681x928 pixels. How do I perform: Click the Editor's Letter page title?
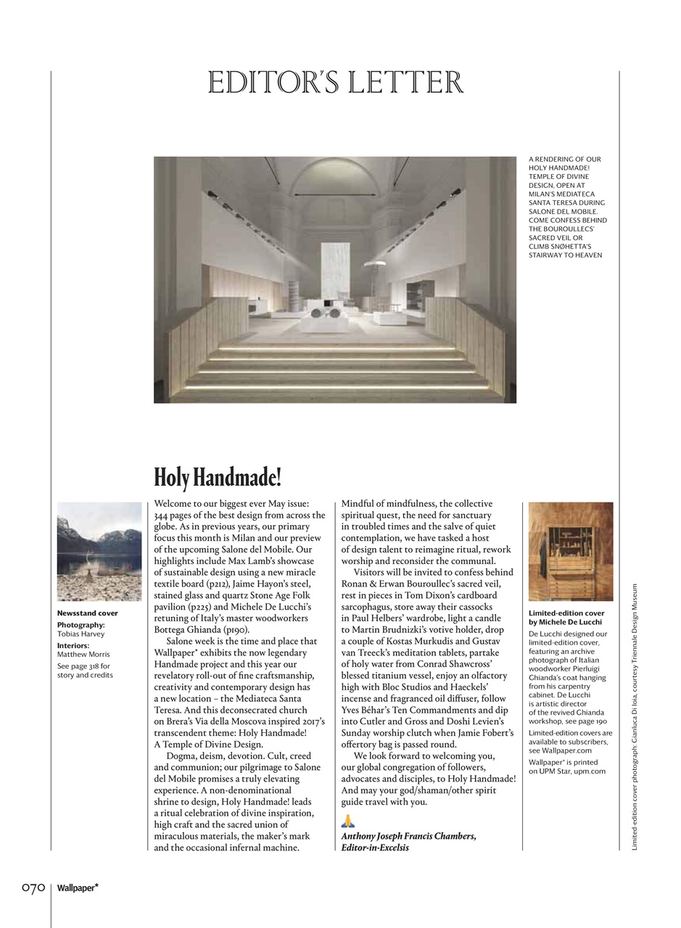coord(335,83)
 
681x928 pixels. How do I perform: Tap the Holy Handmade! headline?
coord(217,478)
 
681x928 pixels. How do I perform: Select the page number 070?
coord(33,887)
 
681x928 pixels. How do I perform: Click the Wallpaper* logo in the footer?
coord(78,887)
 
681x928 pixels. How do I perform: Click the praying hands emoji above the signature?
coord(348,821)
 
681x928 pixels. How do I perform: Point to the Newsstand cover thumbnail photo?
coord(99,551)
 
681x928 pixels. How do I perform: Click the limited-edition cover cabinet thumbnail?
coord(570,551)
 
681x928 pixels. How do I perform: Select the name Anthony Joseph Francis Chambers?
coord(408,836)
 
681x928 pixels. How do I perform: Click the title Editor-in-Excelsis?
coord(375,848)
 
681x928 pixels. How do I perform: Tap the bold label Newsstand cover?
coord(87,613)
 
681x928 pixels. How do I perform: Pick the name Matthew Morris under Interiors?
coord(83,654)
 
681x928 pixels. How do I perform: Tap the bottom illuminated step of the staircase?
coord(335,387)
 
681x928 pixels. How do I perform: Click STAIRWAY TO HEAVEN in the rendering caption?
coord(565,255)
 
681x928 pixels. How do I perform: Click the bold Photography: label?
coord(81,625)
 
